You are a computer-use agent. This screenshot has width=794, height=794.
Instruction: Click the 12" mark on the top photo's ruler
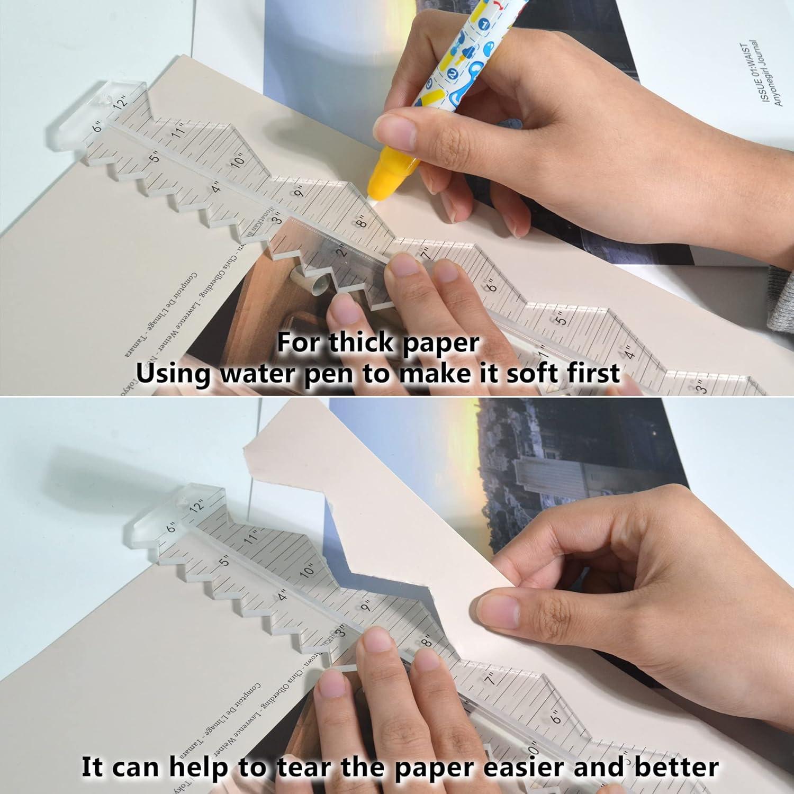coord(121,102)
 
